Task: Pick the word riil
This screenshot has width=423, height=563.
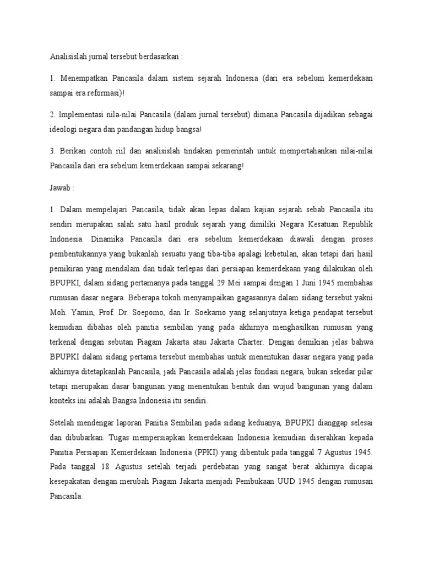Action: coord(123,151)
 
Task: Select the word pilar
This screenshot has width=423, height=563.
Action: coord(364,372)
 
